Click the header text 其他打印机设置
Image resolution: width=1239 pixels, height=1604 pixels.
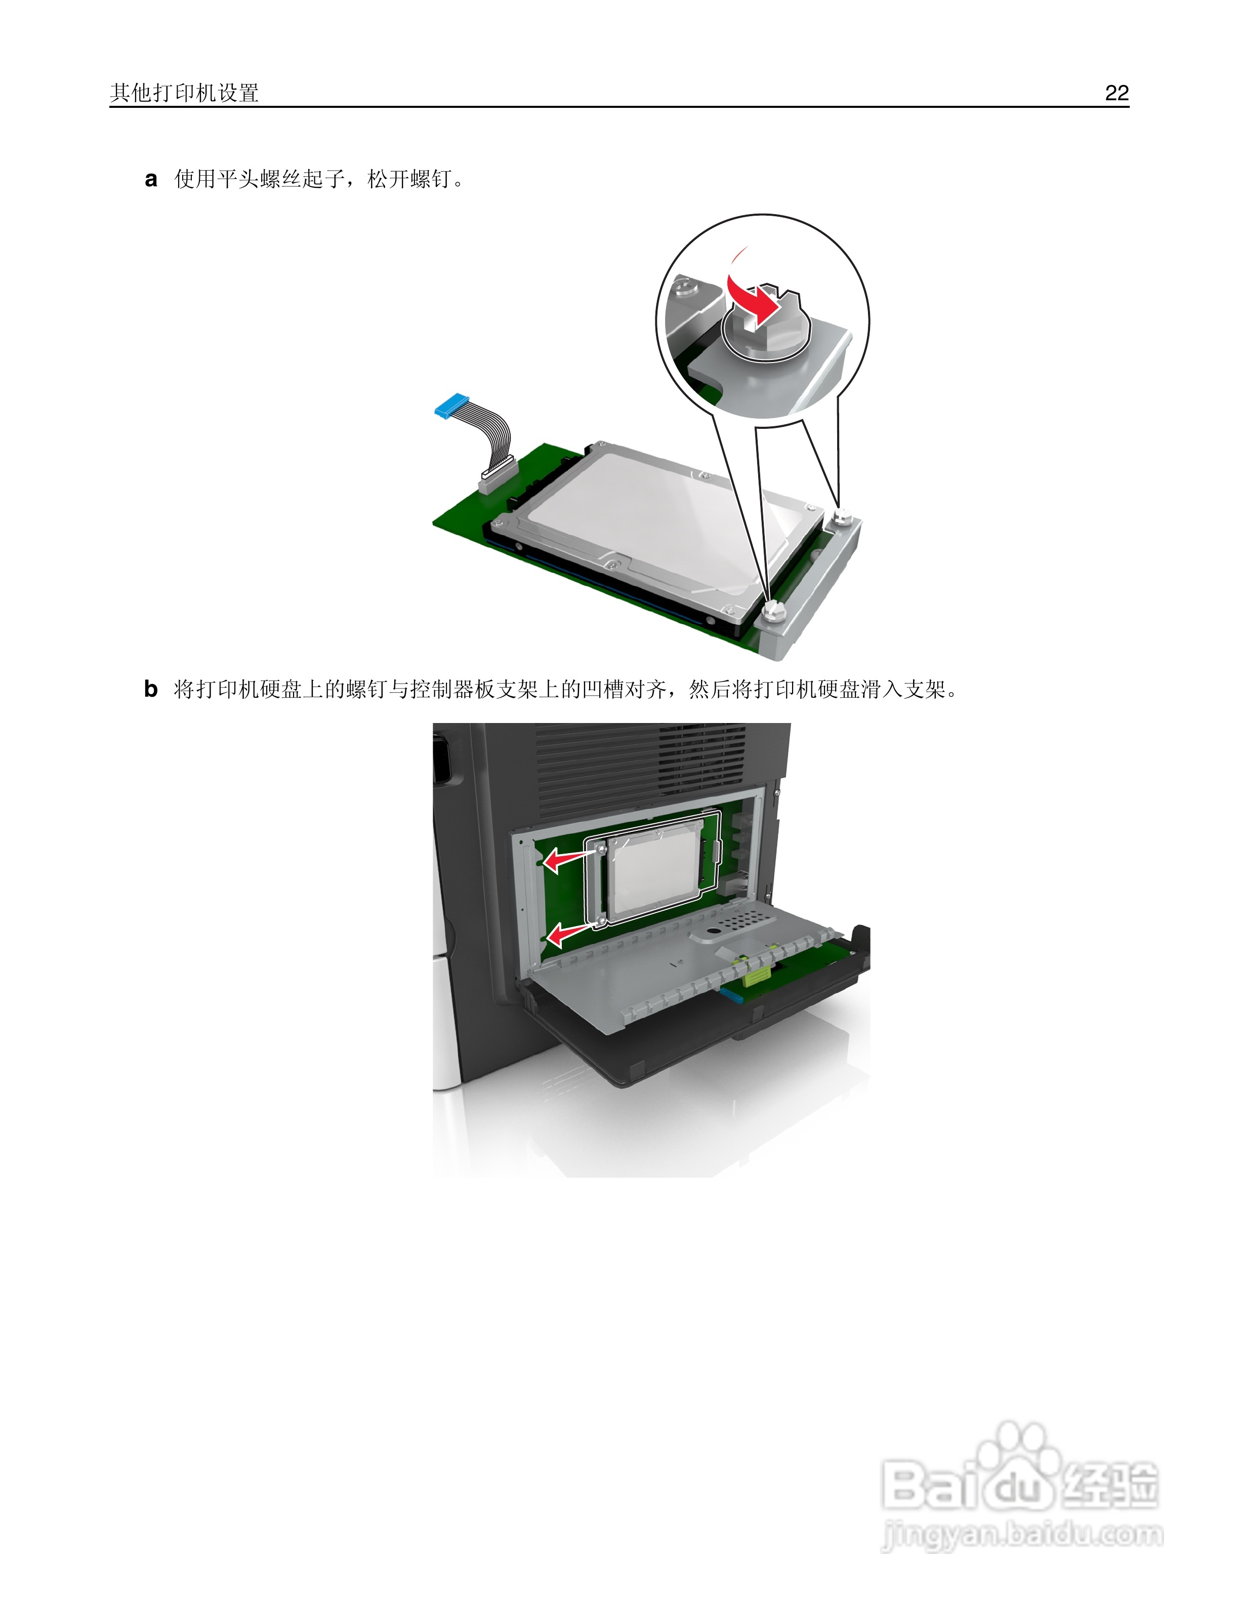[x=184, y=93]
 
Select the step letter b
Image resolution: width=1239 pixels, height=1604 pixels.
[x=150, y=689]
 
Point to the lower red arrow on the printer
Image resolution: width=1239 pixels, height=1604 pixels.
[x=569, y=934]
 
